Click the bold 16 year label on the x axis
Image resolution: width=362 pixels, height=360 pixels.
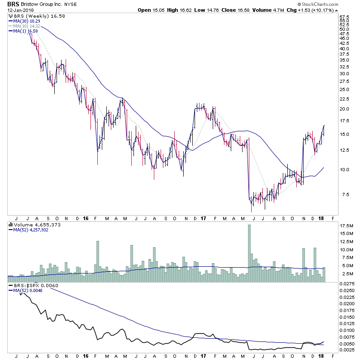(x=86, y=219)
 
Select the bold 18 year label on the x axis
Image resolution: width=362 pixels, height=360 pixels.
(x=322, y=219)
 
